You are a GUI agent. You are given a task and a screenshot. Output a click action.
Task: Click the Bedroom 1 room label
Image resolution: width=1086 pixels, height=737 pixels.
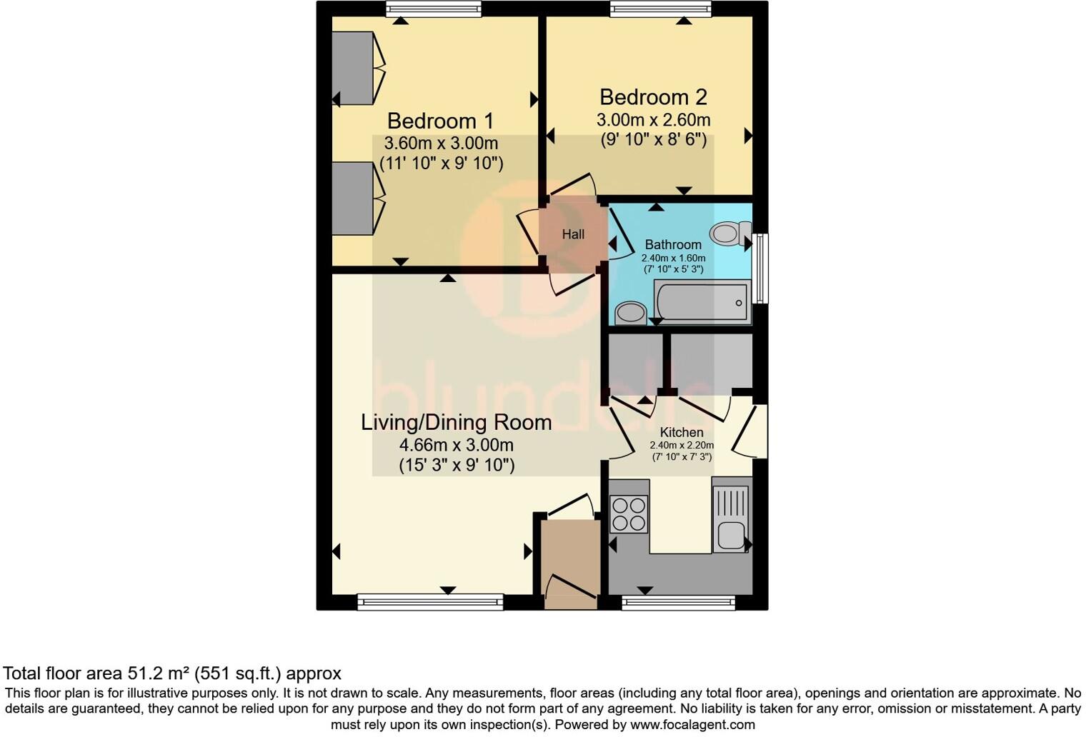(440, 121)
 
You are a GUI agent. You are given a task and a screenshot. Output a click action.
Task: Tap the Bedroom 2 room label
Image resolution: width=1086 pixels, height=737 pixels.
(653, 97)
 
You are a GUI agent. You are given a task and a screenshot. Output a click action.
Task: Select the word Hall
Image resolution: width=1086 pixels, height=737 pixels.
(573, 234)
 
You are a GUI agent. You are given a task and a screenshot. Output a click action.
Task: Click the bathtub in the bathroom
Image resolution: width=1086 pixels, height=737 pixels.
(702, 301)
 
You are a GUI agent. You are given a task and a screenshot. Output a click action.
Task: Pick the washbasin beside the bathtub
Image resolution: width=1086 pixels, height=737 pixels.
(630, 313)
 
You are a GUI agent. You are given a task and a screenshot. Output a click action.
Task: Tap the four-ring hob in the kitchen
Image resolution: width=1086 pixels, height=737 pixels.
(629, 514)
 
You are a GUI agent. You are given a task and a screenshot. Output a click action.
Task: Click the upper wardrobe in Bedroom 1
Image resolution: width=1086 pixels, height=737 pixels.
(353, 68)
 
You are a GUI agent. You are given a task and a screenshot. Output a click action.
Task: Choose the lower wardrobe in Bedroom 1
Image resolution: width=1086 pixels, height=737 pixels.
(353, 198)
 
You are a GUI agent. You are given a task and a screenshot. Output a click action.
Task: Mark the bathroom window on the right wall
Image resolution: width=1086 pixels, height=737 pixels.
(762, 268)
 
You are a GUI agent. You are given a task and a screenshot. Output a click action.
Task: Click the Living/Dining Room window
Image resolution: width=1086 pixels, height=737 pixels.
(430, 603)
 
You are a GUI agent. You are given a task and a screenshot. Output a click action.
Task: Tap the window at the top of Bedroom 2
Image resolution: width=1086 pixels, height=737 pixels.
(661, 9)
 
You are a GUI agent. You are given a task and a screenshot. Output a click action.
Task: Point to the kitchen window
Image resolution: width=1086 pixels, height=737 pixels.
(678, 603)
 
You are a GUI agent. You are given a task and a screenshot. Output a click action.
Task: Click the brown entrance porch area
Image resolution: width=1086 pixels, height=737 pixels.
(570, 564)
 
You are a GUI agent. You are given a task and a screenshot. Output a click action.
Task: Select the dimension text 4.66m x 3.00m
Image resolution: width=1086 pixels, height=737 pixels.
(456, 445)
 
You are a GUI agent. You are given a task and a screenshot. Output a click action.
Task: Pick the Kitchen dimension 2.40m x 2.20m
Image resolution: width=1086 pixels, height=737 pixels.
(681, 446)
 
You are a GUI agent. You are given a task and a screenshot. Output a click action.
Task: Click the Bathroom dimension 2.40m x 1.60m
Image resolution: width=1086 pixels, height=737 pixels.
(673, 259)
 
